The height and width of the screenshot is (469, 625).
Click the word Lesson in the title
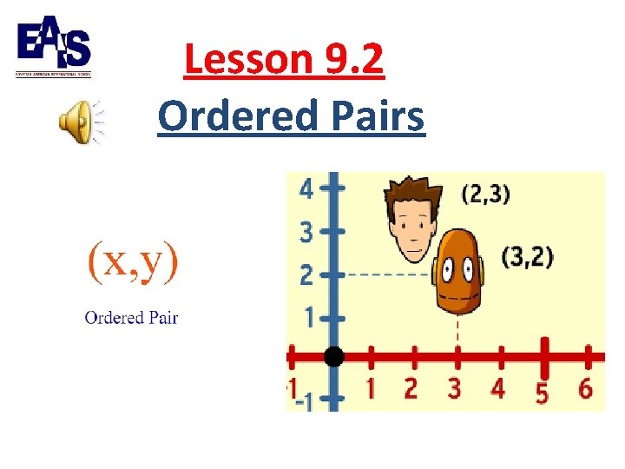point(247,60)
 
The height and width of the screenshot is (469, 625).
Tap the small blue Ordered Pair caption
point(131,317)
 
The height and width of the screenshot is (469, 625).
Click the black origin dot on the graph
point(334,356)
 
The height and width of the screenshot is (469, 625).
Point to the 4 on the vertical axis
point(306,188)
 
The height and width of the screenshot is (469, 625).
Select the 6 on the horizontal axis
point(585,388)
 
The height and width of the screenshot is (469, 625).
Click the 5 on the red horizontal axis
point(542,393)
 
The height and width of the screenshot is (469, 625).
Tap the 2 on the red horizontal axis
point(411,388)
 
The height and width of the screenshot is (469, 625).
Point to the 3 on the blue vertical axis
point(306,233)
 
